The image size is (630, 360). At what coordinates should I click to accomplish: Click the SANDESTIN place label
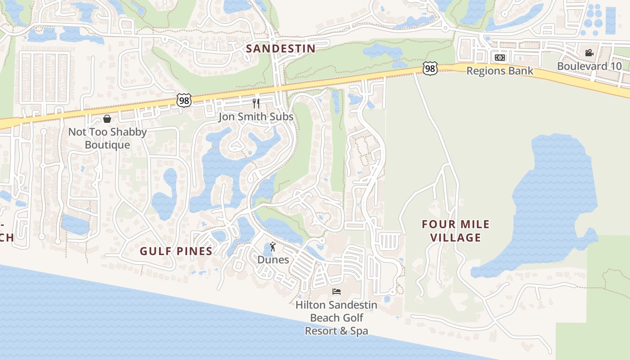point(280,49)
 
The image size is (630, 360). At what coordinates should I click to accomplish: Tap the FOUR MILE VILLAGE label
point(455,231)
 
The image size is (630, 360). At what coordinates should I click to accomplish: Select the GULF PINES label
point(176,251)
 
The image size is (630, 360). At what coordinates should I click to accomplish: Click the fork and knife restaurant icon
point(256,103)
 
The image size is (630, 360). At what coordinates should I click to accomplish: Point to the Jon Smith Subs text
point(256,117)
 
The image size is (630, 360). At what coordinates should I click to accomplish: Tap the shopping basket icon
point(107,119)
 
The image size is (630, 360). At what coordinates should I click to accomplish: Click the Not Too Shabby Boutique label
point(108,138)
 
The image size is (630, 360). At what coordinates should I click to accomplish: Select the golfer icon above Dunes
point(273,247)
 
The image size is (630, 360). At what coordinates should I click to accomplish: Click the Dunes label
point(273,260)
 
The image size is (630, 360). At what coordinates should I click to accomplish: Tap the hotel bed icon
point(336,292)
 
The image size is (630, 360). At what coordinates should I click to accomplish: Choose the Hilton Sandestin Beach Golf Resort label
point(336,318)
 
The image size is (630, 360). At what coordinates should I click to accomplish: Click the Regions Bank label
point(499,71)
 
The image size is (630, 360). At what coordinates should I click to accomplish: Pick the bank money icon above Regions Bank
point(499,58)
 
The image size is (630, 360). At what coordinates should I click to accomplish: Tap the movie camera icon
point(589,53)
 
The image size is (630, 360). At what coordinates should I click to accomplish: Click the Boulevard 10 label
point(589,66)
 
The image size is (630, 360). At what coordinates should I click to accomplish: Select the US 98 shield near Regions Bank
point(430,68)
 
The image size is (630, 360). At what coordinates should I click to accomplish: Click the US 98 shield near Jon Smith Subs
point(184,100)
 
